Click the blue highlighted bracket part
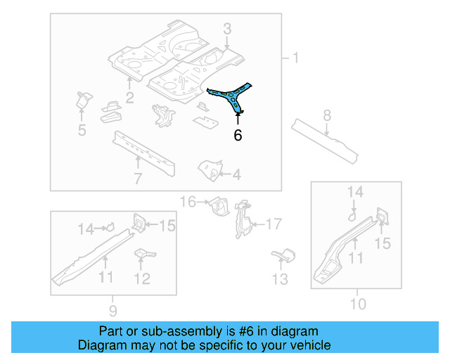click(229, 96)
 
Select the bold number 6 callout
click(238, 135)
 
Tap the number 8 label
click(327, 115)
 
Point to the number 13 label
click(281, 280)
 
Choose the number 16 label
click(188, 202)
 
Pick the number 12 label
click(142, 278)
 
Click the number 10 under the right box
click(358, 304)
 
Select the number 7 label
click(138, 178)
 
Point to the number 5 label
click(82, 129)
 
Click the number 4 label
click(236, 174)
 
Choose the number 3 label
click(227, 29)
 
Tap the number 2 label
click(129, 96)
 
